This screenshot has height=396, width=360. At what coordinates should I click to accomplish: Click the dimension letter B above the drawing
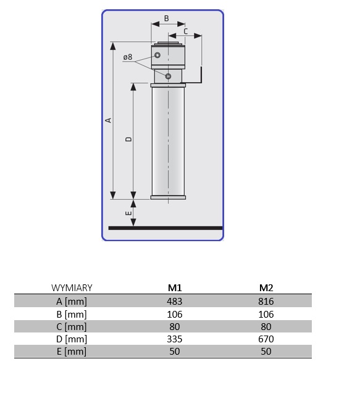coord(166,19)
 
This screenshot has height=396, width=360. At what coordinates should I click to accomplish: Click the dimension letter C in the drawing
coord(186,31)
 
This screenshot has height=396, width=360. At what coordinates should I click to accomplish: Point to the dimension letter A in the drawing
coord(108,120)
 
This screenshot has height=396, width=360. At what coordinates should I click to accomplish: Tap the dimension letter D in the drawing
coord(128,139)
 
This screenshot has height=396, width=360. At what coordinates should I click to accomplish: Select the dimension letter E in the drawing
coord(128,213)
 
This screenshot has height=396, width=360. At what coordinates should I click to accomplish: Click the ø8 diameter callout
coord(128,57)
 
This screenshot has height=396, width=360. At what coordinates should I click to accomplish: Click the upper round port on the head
coord(158,56)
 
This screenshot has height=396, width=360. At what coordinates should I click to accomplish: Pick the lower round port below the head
coord(168,75)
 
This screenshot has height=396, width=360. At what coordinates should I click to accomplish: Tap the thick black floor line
coord(165,228)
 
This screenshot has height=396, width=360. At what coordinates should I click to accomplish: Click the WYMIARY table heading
coord(72,287)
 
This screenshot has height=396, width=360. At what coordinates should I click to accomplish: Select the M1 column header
coord(175,287)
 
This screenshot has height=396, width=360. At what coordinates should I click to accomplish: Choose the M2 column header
coord(266,287)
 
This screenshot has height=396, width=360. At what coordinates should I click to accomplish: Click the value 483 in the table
coord(175,301)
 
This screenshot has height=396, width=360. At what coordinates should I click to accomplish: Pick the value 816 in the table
coord(266,301)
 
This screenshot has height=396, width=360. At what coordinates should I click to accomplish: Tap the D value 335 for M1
coord(175,339)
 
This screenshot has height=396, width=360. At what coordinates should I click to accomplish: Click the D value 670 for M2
coord(266,339)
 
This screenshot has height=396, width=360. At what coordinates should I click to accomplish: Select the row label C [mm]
coord(72,326)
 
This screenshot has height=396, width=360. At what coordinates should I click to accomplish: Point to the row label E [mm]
coord(72,352)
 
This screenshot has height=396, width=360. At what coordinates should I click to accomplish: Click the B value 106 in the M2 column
coord(266,314)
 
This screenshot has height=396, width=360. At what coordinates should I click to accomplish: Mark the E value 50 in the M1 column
coord(175,352)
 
